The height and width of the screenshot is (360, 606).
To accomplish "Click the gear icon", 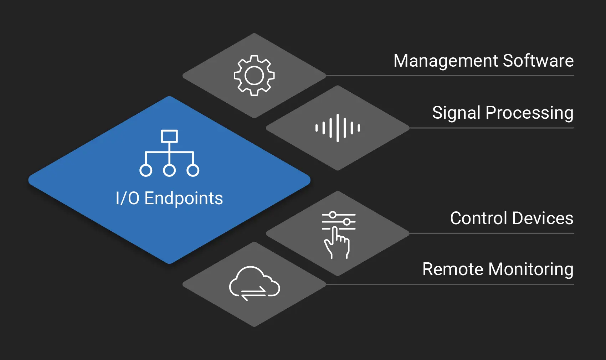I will [254, 75].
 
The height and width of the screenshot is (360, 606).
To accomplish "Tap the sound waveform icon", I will [338, 128].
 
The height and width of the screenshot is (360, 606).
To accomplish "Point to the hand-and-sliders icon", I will [338, 235].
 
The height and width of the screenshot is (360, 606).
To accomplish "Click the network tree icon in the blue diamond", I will [169, 153].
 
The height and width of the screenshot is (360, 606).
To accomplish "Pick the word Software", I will [538, 61].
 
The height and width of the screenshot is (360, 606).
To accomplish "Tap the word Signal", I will [456, 113].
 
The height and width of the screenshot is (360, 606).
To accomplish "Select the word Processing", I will [529, 113].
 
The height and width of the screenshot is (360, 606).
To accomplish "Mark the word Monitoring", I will [531, 269].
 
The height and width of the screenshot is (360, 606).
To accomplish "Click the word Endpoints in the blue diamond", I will [184, 199].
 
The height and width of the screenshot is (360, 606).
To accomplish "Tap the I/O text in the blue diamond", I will [127, 198].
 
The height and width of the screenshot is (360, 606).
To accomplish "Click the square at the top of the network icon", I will [169, 136].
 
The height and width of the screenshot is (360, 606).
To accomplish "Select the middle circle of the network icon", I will [169, 170].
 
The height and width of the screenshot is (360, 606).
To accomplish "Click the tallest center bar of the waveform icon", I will [338, 128].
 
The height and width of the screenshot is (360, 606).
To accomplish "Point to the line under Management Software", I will [450, 76].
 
